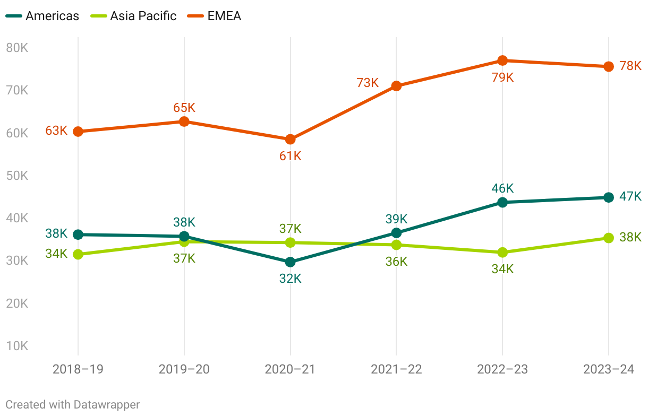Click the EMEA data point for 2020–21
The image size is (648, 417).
tap(290, 140)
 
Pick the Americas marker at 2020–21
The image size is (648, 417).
tap(290, 262)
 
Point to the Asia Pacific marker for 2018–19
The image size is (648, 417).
tap(78, 255)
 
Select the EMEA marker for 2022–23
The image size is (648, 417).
tap(502, 60)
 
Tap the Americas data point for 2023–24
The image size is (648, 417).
tap(609, 197)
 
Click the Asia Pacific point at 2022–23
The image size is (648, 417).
tap(502, 253)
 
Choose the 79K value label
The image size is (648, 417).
tap(502, 77)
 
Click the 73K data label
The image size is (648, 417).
tap(368, 83)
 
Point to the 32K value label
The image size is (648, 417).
tap(290, 279)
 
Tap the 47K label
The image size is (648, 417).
tap(630, 196)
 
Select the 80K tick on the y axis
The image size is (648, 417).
tap(17, 48)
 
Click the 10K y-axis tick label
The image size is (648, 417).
tap(17, 346)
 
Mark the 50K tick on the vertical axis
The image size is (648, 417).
tap(17, 176)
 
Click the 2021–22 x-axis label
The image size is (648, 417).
tap(396, 369)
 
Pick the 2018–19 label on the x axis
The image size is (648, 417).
tap(78, 369)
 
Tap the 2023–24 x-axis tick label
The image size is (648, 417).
tap(609, 369)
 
